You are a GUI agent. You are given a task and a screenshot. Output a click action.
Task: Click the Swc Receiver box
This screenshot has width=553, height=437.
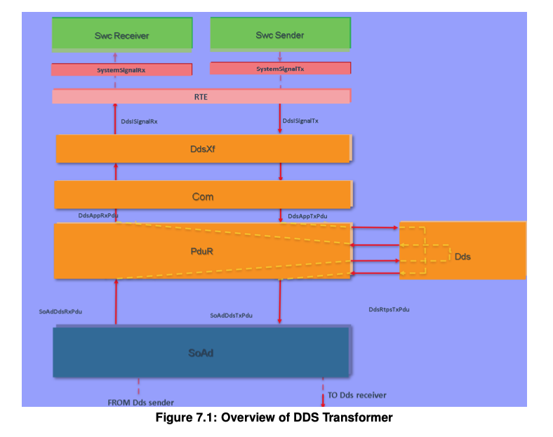pyautogui.click(x=122, y=34)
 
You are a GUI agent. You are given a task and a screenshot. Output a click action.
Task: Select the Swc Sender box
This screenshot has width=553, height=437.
pyautogui.click(x=281, y=34)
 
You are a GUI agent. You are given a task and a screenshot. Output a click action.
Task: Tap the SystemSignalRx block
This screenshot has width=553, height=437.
pyautogui.click(x=121, y=69)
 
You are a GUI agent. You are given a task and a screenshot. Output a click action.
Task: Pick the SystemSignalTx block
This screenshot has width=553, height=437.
pyautogui.click(x=281, y=68)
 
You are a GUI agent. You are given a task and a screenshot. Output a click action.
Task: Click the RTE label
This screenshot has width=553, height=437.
pyautogui.click(x=201, y=97)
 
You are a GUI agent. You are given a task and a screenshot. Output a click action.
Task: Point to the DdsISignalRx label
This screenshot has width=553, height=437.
pyautogui.click(x=140, y=121)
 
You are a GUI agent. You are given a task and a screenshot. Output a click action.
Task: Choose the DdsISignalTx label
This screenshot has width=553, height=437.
pyautogui.click(x=300, y=121)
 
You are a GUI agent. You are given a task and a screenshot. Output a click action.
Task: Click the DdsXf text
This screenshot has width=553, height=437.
pyautogui.click(x=203, y=149)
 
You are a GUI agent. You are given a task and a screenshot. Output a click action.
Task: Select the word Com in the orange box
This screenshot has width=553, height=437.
pyautogui.click(x=203, y=196)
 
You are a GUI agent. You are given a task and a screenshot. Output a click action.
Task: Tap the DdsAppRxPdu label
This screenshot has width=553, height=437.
pyautogui.click(x=98, y=215)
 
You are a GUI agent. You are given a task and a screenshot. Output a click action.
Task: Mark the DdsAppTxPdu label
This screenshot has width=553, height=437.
pyautogui.click(x=307, y=216)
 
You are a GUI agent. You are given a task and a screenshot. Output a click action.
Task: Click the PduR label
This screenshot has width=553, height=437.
pyautogui.click(x=201, y=251)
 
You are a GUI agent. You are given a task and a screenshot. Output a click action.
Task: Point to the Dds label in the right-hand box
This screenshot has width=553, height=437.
pyautogui.click(x=462, y=257)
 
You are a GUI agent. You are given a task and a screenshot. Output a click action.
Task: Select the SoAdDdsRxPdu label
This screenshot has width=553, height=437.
pyautogui.click(x=60, y=311)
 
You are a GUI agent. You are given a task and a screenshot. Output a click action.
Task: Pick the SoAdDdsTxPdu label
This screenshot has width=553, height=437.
pyautogui.click(x=232, y=316)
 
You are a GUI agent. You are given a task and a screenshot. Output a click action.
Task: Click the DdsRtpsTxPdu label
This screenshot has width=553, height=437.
pyautogui.click(x=389, y=309)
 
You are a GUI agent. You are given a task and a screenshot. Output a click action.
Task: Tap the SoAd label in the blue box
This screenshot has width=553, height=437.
pyautogui.click(x=201, y=353)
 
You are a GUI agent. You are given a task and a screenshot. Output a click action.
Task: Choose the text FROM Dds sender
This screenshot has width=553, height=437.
pyautogui.click(x=141, y=403)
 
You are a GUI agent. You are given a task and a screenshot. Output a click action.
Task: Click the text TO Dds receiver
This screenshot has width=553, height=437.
pyautogui.click(x=357, y=395)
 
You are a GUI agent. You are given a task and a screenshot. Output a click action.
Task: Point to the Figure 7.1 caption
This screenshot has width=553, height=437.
pyautogui.click(x=274, y=417)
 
